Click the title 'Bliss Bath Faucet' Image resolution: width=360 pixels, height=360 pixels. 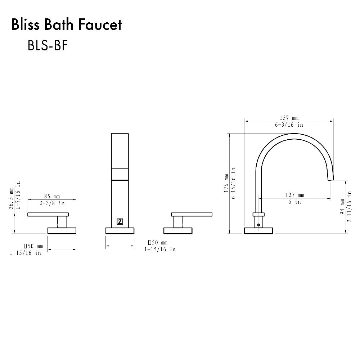(x=67, y=25)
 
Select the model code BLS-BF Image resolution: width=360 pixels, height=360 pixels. (x=48, y=46)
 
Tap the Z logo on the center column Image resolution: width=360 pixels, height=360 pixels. (x=120, y=222)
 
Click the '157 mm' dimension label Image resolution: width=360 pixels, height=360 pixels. (x=289, y=118)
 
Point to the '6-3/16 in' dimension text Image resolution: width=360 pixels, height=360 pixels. (x=289, y=125)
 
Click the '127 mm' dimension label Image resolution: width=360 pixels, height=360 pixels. (x=295, y=195)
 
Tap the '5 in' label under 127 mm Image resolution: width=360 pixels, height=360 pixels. (x=294, y=202)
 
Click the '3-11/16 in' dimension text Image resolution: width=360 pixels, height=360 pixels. (x=349, y=207)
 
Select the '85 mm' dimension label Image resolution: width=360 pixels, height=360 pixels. (x=52, y=197)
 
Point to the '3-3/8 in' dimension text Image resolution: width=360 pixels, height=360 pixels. (x=52, y=203)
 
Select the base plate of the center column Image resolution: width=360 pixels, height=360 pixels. (x=120, y=230)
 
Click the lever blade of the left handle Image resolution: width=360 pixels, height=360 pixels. (x=48, y=215)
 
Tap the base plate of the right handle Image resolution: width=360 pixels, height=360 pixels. (x=178, y=230)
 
